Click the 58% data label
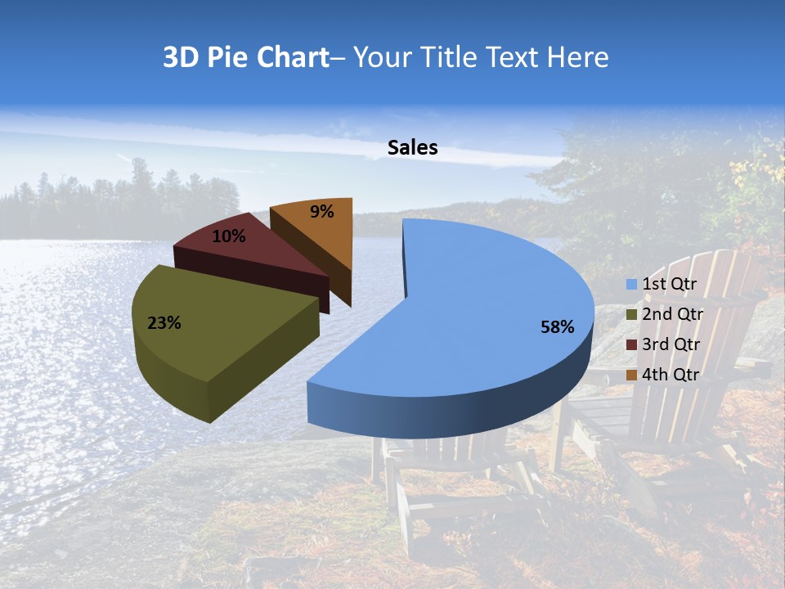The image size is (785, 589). (x=557, y=327)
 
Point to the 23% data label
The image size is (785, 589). (x=164, y=323)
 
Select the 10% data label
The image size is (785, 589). (x=229, y=236)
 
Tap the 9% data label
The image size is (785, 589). (x=322, y=212)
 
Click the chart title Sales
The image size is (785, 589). (x=412, y=147)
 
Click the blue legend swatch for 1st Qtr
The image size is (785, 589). (x=630, y=285)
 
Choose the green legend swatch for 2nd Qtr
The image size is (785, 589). (x=630, y=314)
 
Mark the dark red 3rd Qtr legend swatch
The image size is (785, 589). (x=630, y=344)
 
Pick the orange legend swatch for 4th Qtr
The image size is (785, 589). (x=630, y=375)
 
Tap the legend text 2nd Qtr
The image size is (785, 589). (x=672, y=314)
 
